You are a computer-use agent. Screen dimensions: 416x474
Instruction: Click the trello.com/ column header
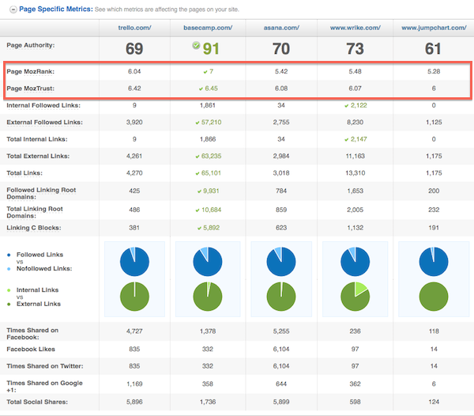tap(134, 27)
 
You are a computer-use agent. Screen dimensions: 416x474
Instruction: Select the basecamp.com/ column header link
tap(207, 27)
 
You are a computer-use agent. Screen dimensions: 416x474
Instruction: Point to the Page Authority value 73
tap(355, 48)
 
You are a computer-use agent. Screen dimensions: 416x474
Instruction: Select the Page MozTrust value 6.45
tap(209, 89)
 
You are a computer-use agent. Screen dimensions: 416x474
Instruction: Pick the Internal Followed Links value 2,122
tap(355, 105)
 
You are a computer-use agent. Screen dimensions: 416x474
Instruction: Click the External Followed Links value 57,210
tap(209, 123)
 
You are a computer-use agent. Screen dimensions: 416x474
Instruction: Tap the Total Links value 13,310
tap(355, 173)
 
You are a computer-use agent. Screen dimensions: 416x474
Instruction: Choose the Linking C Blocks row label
tap(33, 227)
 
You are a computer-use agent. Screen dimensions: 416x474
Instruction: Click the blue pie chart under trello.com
tap(134, 259)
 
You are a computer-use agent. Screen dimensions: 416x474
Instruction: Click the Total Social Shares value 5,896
tap(134, 403)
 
